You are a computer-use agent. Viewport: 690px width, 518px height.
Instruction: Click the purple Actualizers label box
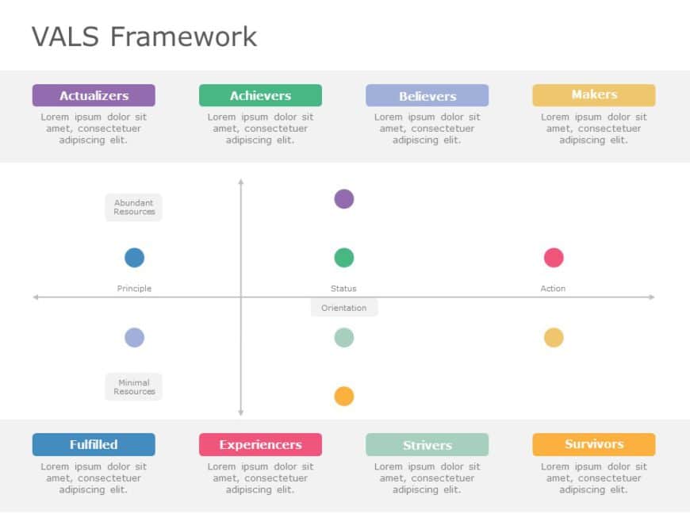click(94, 95)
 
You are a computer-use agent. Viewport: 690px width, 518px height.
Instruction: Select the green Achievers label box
click(260, 95)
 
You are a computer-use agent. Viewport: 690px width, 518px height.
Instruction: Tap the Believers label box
click(427, 96)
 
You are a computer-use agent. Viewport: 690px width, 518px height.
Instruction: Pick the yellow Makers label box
click(593, 95)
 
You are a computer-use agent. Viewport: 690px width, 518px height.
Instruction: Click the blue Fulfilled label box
click(94, 444)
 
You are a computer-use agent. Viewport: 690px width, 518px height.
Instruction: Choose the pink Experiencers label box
click(260, 444)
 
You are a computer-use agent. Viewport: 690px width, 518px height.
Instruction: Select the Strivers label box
click(427, 445)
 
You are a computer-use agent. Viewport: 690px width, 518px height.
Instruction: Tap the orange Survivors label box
click(593, 444)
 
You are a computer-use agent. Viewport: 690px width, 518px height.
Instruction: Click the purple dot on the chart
click(343, 199)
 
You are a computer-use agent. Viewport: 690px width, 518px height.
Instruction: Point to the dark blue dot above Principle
click(135, 258)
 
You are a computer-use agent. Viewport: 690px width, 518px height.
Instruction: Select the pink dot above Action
click(554, 258)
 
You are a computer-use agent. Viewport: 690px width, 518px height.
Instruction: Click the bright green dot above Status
click(343, 258)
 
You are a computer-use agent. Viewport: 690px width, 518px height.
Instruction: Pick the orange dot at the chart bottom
click(343, 396)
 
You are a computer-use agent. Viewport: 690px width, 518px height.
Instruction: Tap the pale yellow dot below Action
click(554, 338)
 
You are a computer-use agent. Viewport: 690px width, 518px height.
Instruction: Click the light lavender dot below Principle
click(135, 338)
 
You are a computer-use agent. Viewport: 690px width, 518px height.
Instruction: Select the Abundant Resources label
click(134, 207)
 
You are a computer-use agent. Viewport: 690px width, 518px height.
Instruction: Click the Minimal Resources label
click(134, 387)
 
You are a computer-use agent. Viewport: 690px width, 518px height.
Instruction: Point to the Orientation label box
click(344, 308)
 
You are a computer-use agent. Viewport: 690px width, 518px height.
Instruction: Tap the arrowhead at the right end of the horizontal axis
click(651, 297)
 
